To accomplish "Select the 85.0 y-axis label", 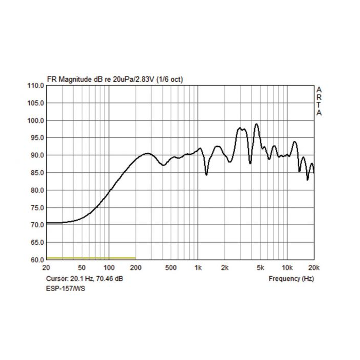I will (x=35, y=173).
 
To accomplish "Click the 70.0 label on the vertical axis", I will (x=35, y=225).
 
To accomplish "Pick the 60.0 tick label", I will (x=35, y=260).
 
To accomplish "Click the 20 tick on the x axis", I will (x=46, y=268).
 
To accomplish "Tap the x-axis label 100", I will (x=109, y=268).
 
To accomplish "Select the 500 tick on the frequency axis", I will (x=171, y=268).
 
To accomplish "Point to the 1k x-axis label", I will (x=198, y=268).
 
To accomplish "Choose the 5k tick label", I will (x=260, y=268).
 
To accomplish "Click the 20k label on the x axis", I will (x=313, y=268).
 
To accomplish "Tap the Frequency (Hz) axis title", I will (x=291, y=279).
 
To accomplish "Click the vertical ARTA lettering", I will (x=319, y=101).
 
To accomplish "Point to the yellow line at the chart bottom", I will (x=91, y=258).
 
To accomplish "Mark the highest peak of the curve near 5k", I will (x=256, y=124).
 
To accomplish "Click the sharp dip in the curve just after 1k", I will (x=206, y=174).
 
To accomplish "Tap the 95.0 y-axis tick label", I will (x=35, y=138).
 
